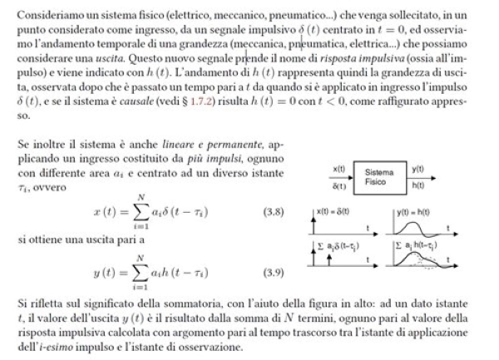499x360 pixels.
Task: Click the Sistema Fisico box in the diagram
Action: click(x=379, y=179)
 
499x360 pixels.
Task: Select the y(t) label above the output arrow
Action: click(x=418, y=169)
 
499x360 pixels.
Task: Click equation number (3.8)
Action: click(x=274, y=213)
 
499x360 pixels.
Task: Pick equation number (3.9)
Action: click(x=274, y=273)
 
